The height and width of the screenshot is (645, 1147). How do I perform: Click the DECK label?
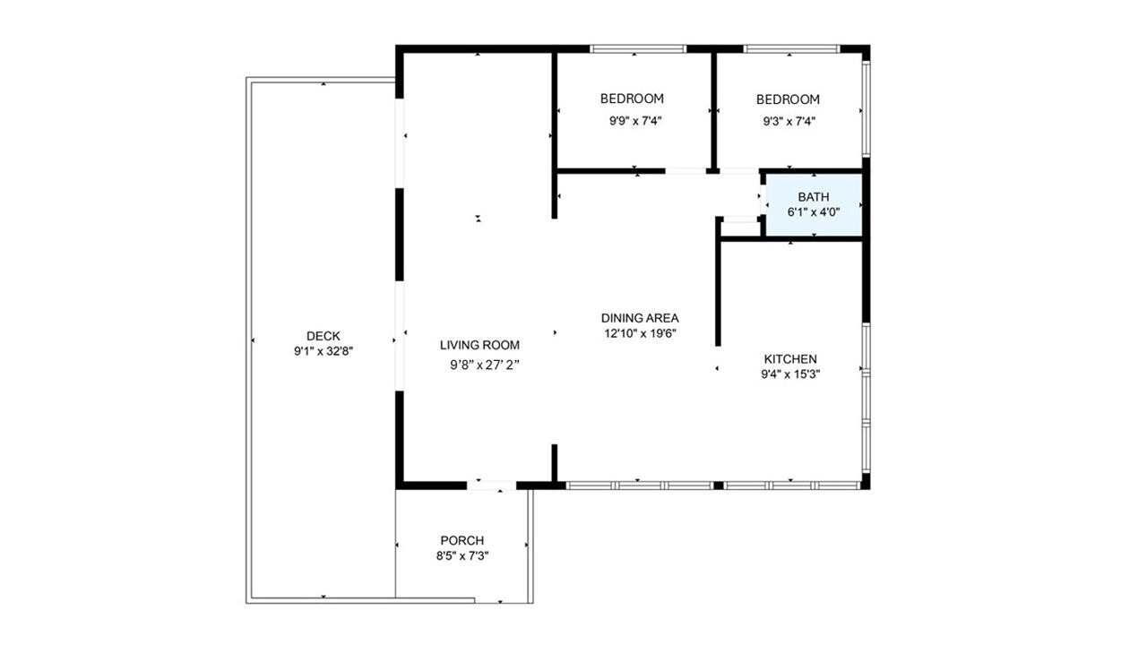click(x=323, y=336)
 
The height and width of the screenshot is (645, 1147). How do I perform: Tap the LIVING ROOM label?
click(x=479, y=345)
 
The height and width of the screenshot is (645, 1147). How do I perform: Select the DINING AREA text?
click(x=640, y=318)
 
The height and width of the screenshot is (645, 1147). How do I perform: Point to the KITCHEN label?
click(x=790, y=359)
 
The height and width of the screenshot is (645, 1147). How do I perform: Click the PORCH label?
click(x=462, y=540)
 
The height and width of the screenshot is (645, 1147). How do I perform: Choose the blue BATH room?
click(x=815, y=205)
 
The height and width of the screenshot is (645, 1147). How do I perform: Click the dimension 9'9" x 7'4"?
click(x=635, y=121)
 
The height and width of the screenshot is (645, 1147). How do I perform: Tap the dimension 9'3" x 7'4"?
click(x=789, y=121)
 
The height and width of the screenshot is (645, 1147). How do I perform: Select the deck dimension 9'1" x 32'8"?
click(x=323, y=351)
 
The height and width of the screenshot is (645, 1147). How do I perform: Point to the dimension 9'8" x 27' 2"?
click(x=485, y=365)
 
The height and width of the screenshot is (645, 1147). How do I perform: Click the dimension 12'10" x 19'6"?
click(x=640, y=333)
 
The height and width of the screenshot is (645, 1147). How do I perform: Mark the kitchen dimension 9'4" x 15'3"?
click(x=790, y=374)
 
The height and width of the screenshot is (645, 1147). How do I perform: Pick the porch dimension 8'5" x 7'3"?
click(x=462, y=555)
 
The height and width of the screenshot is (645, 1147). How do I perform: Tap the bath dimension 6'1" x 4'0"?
click(x=814, y=212)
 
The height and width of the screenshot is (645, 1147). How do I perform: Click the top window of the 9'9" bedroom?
click(x=637, y=49)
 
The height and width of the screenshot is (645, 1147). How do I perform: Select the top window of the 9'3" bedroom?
click(x=791, y=49)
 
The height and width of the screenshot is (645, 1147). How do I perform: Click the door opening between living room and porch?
click(x=491, y=486)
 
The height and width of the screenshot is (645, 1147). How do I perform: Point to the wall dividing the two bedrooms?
click(x=714, y=110)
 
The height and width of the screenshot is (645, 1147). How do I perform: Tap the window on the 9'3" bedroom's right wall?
click(x=866, y=109)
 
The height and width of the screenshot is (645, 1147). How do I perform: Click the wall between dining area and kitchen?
click(x=718, y=292)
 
